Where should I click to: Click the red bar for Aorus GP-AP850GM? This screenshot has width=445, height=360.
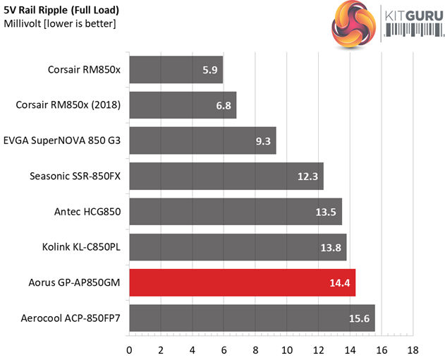[x=242, y=282]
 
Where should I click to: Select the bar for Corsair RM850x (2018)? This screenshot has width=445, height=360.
[x=182, y=105]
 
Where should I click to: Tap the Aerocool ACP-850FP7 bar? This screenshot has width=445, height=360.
[x=252, y=318]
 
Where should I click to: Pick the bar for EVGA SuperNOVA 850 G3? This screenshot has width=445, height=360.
[x=202, y=140]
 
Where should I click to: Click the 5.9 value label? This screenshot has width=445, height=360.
[x=210, y=71]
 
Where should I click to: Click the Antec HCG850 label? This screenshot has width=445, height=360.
[x=88, y=211]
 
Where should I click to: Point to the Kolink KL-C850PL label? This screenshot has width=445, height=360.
[x=82, y=246]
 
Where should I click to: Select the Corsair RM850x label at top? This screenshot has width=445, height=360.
[x=85, y=70]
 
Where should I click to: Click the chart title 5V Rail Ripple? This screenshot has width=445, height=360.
[x=61, y=11]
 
